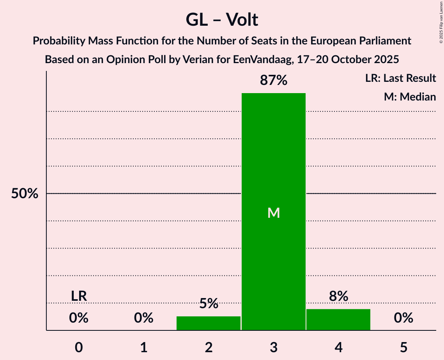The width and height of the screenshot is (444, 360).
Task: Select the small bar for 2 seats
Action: [209, 323]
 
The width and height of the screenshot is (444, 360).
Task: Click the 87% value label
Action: [274, 81]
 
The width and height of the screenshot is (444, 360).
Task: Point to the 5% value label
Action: [209, 304]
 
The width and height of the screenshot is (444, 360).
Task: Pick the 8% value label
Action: [338, 296]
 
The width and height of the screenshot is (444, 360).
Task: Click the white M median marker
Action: [274, 213]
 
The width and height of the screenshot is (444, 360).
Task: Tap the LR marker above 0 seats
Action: [79, 296]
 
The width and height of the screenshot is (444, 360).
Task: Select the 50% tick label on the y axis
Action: [25, 194]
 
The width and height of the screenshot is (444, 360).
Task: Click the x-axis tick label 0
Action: [79, 347]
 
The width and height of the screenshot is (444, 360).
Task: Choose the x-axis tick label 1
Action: [144, 347]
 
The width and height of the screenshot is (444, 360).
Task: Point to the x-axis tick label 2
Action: [209, 347]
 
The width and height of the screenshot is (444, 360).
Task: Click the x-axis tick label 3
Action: [274, 347]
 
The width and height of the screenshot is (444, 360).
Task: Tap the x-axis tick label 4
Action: [338, 347]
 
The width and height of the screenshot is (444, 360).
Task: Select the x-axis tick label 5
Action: [403, 347]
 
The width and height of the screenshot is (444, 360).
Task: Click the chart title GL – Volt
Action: [222, 20]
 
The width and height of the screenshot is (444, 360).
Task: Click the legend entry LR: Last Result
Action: [400, 78]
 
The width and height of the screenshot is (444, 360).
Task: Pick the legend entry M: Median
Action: [410, 97]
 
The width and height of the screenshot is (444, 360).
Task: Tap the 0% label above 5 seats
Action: [403, 318]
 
